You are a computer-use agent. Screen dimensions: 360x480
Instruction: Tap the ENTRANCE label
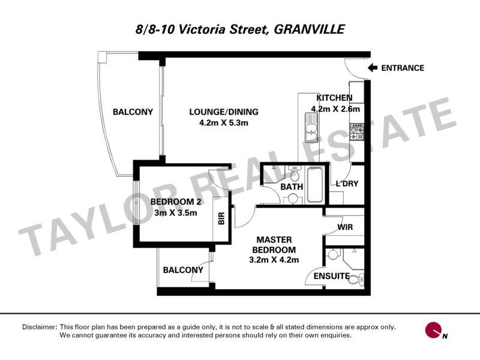[403, 68]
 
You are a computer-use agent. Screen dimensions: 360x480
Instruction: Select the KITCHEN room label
[334, 98]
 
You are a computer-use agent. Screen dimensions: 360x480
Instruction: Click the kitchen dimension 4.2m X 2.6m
[335, 109]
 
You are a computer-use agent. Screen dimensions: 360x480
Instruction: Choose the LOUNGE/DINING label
[223, 112]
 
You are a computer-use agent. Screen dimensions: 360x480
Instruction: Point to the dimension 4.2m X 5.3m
[223, 122]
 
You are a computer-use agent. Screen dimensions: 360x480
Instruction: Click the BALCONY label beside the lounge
[133, 112]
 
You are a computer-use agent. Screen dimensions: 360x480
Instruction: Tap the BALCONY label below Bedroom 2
[183, 270]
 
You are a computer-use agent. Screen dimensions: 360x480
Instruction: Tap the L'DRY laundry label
[346, 184]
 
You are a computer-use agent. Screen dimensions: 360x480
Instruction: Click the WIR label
[345, 227]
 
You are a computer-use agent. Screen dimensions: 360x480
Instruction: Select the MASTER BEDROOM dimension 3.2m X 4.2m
[274, 260]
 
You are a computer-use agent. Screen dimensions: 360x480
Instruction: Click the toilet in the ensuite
[356, 279]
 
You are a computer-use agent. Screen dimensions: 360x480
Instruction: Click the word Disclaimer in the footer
[39, 327]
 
